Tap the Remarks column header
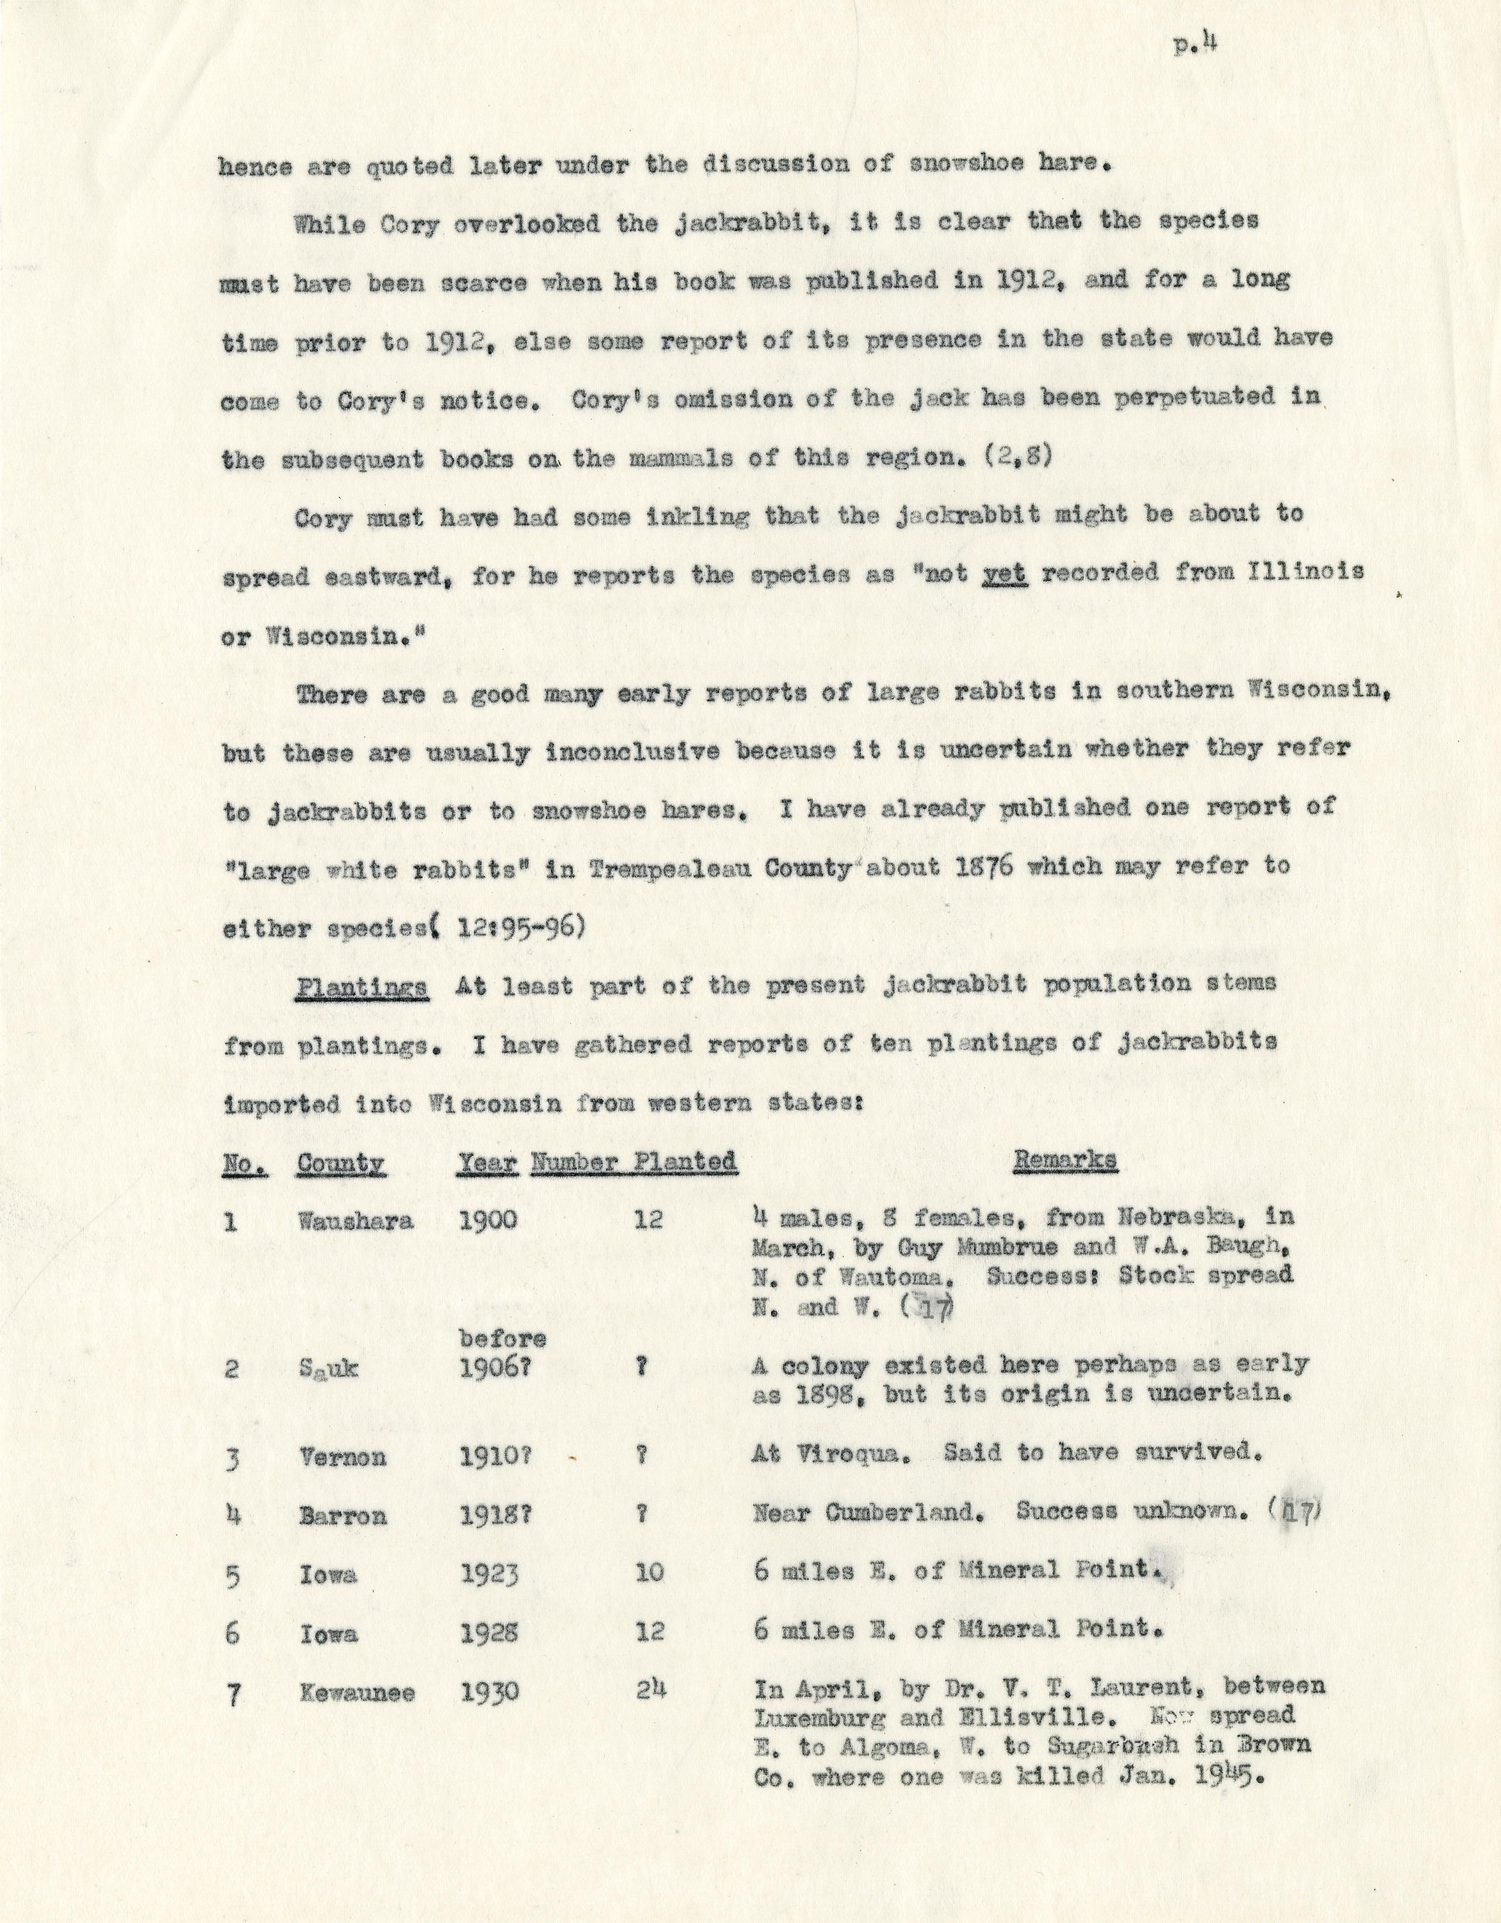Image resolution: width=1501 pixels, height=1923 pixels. pos(1065,1161)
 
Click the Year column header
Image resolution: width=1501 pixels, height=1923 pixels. pos(487,1163)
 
